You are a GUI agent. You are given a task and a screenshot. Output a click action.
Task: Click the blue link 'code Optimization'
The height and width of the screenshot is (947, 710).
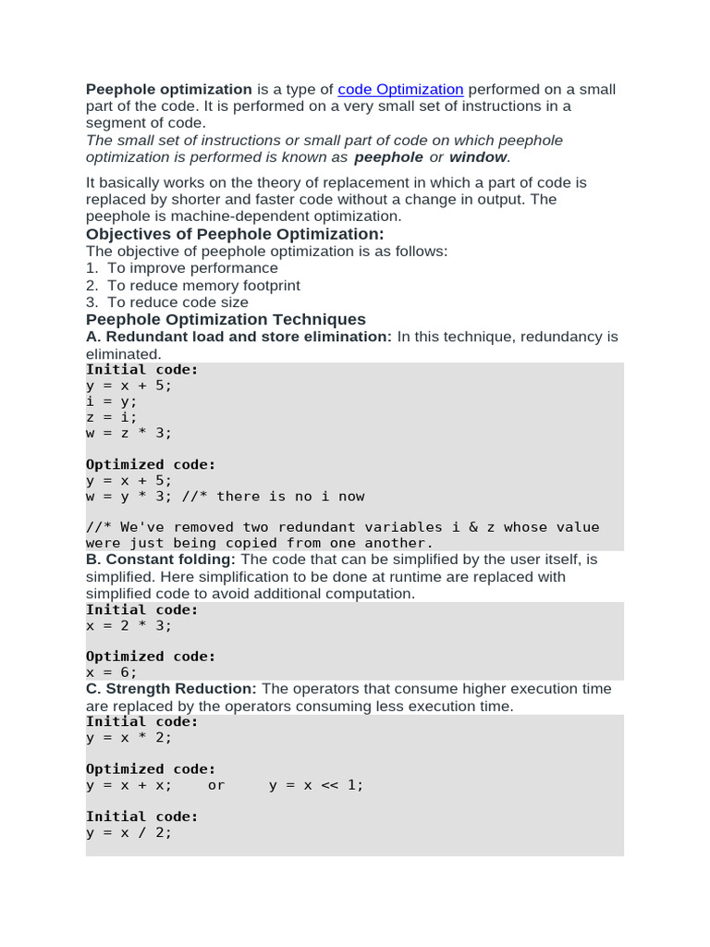400,90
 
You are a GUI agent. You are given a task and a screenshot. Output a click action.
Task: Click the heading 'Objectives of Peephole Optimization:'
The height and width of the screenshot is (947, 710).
235,234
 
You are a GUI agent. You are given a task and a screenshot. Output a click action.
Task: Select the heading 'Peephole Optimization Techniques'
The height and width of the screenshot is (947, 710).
226,320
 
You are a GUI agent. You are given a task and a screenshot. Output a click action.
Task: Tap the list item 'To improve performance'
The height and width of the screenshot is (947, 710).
192,268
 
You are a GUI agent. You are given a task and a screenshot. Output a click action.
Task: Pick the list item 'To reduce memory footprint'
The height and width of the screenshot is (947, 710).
203,286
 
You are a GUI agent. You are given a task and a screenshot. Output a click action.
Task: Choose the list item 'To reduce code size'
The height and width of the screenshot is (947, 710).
177,302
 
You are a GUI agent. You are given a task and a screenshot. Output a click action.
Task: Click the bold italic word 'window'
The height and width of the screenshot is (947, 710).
478,157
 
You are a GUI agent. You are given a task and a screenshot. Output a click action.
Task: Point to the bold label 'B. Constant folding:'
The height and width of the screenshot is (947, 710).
161,560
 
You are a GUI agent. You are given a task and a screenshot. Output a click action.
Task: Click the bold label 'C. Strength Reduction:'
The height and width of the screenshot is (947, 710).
171,689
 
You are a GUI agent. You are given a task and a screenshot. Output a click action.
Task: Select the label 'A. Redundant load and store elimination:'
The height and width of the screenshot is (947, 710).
239,337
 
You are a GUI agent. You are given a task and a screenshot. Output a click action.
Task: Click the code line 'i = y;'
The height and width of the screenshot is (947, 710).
111,401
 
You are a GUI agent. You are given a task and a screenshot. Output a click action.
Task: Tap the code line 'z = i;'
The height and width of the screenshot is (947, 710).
111,417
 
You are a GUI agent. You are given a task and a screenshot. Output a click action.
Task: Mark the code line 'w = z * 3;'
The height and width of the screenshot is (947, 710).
129,433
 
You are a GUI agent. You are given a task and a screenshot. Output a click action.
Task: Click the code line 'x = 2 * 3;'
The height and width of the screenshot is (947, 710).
129,625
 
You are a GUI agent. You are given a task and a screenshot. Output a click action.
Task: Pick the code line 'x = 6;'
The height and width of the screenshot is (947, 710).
111,672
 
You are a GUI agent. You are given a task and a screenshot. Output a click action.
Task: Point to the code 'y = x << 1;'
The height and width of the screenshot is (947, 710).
316,785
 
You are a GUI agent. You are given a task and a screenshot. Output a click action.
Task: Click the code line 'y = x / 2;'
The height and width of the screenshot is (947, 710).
129,832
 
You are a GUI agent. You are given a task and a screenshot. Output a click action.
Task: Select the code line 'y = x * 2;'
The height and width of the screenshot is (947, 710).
129,738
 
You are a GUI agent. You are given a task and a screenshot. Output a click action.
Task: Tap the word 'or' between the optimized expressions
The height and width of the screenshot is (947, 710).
215,785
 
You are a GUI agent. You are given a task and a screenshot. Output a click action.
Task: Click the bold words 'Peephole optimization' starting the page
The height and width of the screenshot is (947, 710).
168,90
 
